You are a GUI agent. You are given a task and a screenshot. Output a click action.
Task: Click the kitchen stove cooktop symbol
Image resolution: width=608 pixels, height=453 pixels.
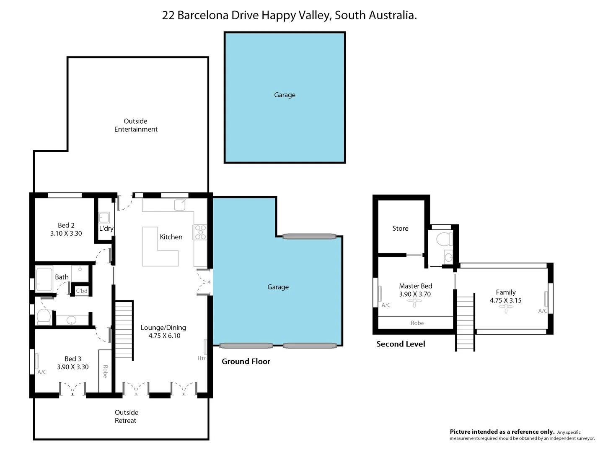pyautogui.click(x=200, y=232)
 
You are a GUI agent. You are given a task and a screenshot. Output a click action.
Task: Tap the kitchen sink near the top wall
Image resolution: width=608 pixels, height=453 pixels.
pyautogui.click(x=180, y=204)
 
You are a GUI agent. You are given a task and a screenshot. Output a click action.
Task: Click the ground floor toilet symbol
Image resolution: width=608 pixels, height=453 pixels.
pyautogui.click(x=44, y=317)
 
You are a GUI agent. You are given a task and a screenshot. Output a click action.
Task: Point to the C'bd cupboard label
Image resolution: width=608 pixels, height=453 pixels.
pyautogui.click(x=82, y=291)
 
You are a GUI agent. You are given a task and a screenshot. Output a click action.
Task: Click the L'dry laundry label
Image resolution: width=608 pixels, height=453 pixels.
pyautogui.click(x=106, y=229)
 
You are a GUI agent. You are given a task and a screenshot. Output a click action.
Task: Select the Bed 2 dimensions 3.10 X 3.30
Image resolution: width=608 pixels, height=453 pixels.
pyautogui.click(x=66, y=234)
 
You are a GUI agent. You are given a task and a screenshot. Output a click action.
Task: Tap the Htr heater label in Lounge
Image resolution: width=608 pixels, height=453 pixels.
pyautogui.click(x=201, y=358)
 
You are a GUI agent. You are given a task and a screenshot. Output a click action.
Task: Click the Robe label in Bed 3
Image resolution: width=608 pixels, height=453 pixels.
pyautogui.click(x=105, y=372)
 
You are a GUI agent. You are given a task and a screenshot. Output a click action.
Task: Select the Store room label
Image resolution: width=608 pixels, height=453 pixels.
pyautogui.click(x=400, y=229)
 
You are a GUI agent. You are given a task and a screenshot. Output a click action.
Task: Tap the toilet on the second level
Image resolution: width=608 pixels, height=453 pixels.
pyautogui.click(x=444, y=239)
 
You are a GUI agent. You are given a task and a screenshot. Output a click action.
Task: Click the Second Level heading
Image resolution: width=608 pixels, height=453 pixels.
pyautogui.click(x=401, y=344)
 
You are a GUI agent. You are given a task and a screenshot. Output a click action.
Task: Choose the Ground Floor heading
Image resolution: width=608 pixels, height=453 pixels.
pyautogui.click(x=246, y=362)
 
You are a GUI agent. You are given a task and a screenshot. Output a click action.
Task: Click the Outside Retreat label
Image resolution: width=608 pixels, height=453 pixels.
pyautogui.click(x=126, y=417)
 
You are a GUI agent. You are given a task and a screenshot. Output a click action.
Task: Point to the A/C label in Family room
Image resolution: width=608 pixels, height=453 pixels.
pyautogui.click(x=543, y=311)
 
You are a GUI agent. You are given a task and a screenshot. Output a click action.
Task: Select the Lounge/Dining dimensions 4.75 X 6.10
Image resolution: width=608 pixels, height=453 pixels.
pyautogui.click(x=164, y=336)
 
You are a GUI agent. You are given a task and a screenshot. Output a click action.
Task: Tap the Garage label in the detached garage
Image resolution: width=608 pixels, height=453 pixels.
pyautogui.click(x=285, y=95)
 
